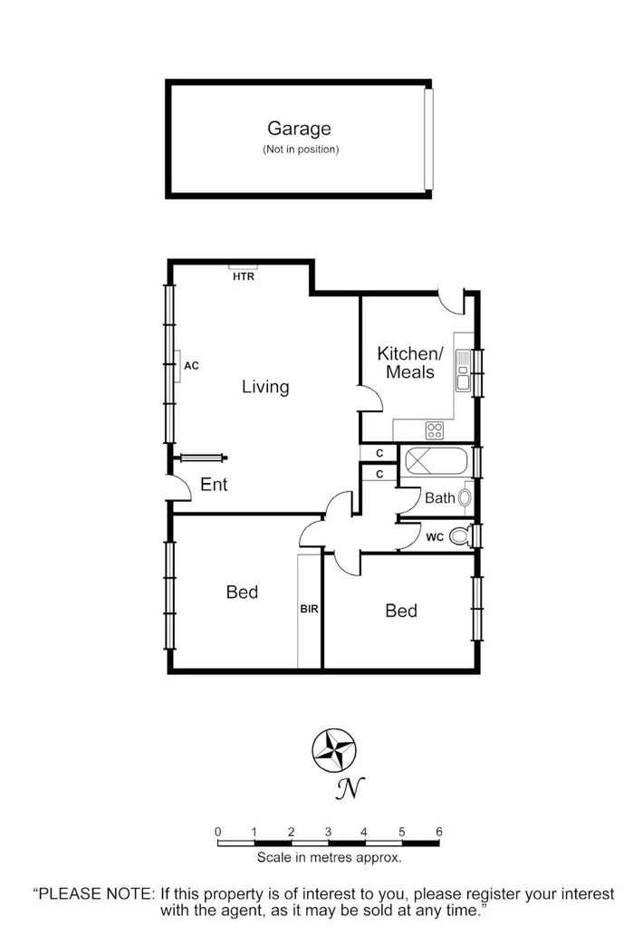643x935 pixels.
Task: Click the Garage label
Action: [x=298, y=130]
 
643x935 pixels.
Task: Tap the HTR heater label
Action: [x=244, y=277]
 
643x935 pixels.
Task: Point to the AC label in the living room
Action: [x=191, y=366]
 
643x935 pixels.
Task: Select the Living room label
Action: [x=265, y=387]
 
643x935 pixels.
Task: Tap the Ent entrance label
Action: [x=214, y=485]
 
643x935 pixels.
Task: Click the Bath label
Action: [x=439, y=497]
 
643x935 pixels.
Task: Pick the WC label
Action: [x=435, y=537]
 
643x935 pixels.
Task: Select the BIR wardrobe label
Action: [x=310, y=610]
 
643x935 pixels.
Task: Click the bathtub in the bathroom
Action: [x=435, y=462]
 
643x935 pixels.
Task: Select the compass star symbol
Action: [x=332, y=749]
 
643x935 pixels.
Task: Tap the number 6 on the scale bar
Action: [x=439, y=832]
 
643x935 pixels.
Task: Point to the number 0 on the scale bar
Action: [x=218, y=832]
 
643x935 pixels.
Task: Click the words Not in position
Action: [x=302, y=149]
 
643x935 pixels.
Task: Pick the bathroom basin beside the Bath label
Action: [x=465, y=497]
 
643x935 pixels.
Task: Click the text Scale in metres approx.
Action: [x=329, y=856]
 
